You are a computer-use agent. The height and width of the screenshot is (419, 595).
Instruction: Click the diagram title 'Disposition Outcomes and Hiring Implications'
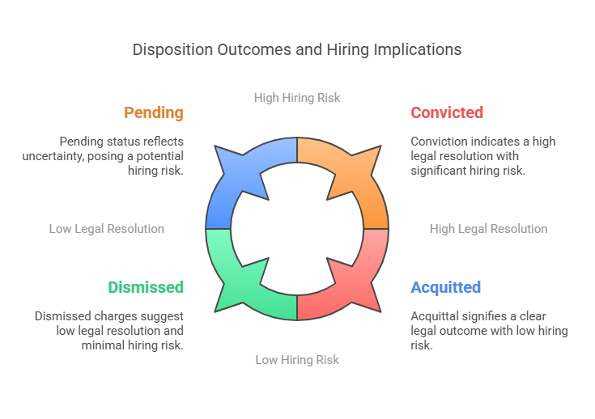pos(297,49)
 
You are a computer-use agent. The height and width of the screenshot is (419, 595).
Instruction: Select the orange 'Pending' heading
pos(154,112)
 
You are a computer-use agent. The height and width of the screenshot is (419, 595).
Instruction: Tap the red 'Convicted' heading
pos(447,112)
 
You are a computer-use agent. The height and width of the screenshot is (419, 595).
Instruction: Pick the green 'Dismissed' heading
pos(146,287)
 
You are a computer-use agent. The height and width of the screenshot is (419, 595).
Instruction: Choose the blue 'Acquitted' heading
pos(445,287)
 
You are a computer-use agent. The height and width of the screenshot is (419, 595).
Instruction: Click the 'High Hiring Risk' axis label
pos(297,97)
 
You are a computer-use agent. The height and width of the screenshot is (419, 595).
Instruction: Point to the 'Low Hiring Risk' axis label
pos(297,359)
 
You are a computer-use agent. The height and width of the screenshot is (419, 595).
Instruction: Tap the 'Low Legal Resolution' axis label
pos(107,229)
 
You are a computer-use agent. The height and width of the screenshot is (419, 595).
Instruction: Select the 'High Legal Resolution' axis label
pos(488,229)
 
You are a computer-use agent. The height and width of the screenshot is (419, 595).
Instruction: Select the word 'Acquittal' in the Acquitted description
pos(436,316)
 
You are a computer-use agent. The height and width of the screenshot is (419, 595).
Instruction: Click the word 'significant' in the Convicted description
pos(438,170)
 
